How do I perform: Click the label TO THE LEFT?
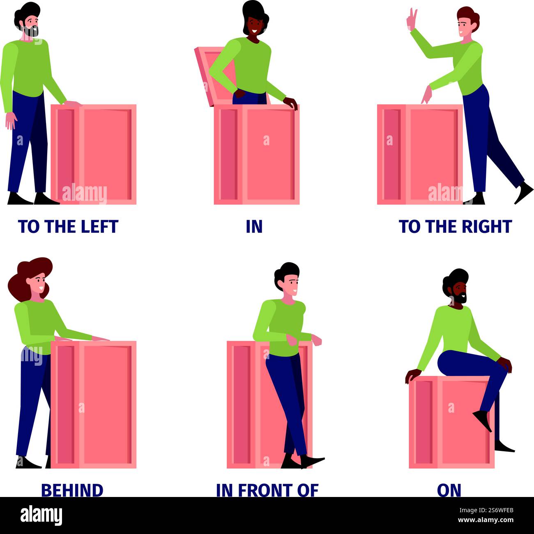click(x=68, y=227)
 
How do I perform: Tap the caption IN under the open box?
click(x=254, y=227)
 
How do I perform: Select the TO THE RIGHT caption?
click(x=455, y=227)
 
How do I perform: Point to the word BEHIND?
click(x=72, y=490)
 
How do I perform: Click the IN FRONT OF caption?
click(x=267, y=490)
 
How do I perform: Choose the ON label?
click(x=449, y=490)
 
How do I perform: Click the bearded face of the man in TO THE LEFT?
click(x=29, y=21)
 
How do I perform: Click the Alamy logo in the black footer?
click(x=41, y=515)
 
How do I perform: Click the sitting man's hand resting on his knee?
click(x=505, y=365)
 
